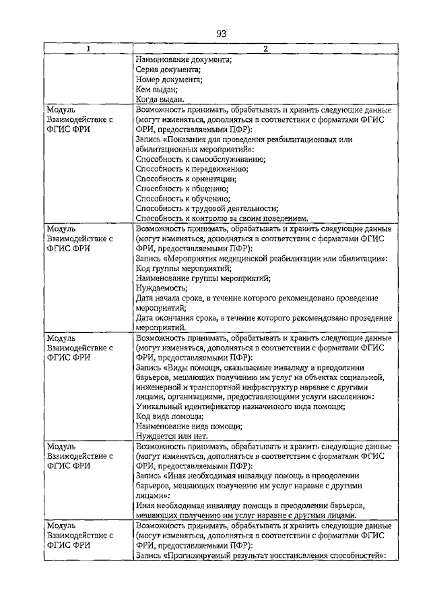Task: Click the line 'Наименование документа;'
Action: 184,59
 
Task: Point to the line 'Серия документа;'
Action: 168,69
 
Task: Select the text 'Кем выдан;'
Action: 156,89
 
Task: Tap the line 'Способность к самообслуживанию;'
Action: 201,159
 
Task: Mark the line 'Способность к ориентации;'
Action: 187,179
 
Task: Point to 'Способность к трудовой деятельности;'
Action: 207,208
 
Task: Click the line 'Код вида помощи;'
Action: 169,416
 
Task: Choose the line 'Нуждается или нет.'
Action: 172,436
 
